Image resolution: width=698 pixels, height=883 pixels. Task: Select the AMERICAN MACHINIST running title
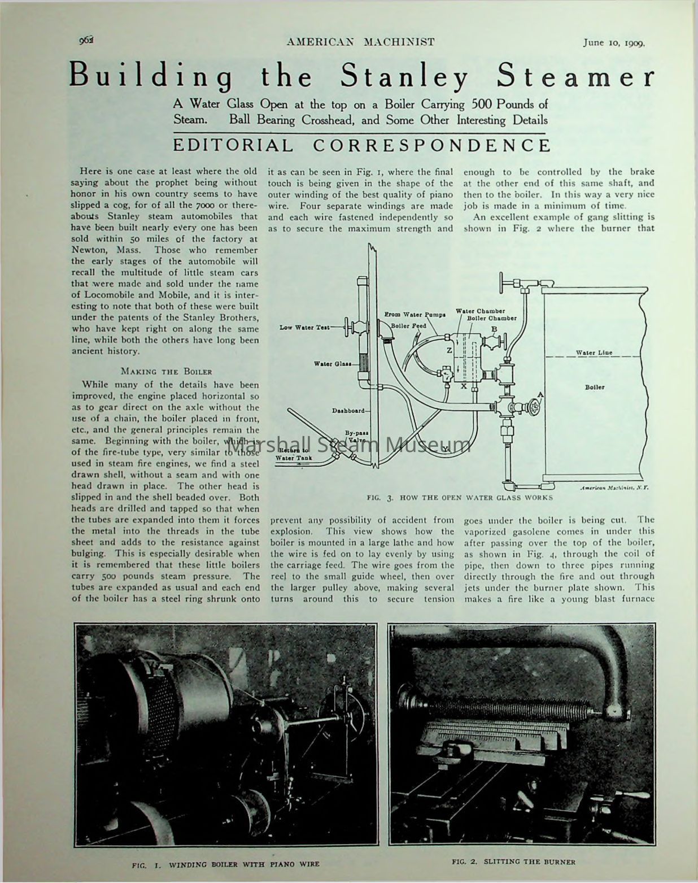[x=360, y=42]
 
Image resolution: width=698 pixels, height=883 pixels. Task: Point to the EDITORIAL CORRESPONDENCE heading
[x=361, y=145]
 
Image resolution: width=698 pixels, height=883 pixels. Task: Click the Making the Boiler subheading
[x=167, y=371]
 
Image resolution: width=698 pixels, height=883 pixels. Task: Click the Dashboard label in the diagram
[x=348, y=411]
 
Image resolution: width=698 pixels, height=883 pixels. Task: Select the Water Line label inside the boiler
[x=594, y=353]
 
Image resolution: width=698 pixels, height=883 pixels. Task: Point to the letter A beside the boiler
[x=540, y=394]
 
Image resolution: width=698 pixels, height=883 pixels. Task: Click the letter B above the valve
[x=494, y=329]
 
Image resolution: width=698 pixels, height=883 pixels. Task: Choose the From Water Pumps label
[x=415, y=314]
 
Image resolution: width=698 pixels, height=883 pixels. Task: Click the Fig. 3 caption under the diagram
[x=459, y=498]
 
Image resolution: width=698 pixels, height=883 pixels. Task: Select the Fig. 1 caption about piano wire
[x=225, y=864]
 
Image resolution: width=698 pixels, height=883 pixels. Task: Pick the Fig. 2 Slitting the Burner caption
[x=513, y=862]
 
